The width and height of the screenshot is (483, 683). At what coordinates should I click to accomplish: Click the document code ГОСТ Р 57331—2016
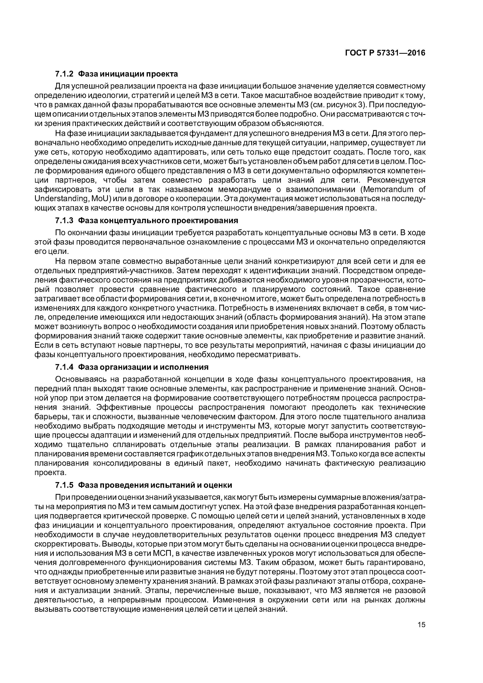click(385, 53)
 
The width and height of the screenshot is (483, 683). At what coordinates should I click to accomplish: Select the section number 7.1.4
click(64, 367)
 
